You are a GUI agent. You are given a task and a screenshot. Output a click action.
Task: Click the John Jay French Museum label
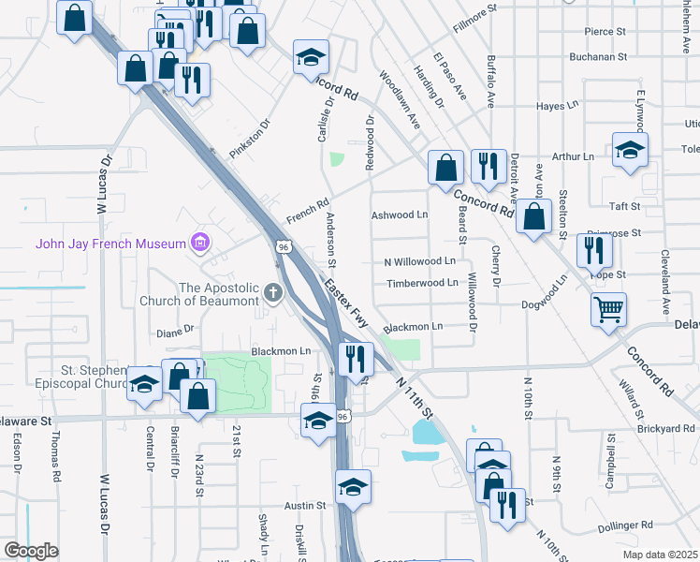(x=111, y=244)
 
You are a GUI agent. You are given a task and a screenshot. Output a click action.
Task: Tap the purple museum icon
(x=198, y=244)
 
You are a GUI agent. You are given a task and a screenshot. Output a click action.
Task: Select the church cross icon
(x=272, y=293)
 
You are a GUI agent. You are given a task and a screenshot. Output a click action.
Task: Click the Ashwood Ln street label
(x=400, y=214)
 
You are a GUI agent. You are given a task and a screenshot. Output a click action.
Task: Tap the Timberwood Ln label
(x=422, y=283)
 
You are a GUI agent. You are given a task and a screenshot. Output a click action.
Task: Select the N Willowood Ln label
(x=419, y=261)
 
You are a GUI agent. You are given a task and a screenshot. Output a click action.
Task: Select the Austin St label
(x=304, y=505)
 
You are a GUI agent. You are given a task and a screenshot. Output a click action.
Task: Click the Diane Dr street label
(x=174, y=330)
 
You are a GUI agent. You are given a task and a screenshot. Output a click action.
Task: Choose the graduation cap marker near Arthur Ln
(x=631, y=149)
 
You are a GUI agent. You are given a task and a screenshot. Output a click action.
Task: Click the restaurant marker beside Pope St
(x=594, y=250)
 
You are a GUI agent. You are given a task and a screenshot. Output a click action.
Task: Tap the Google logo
(x=30, y=551)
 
